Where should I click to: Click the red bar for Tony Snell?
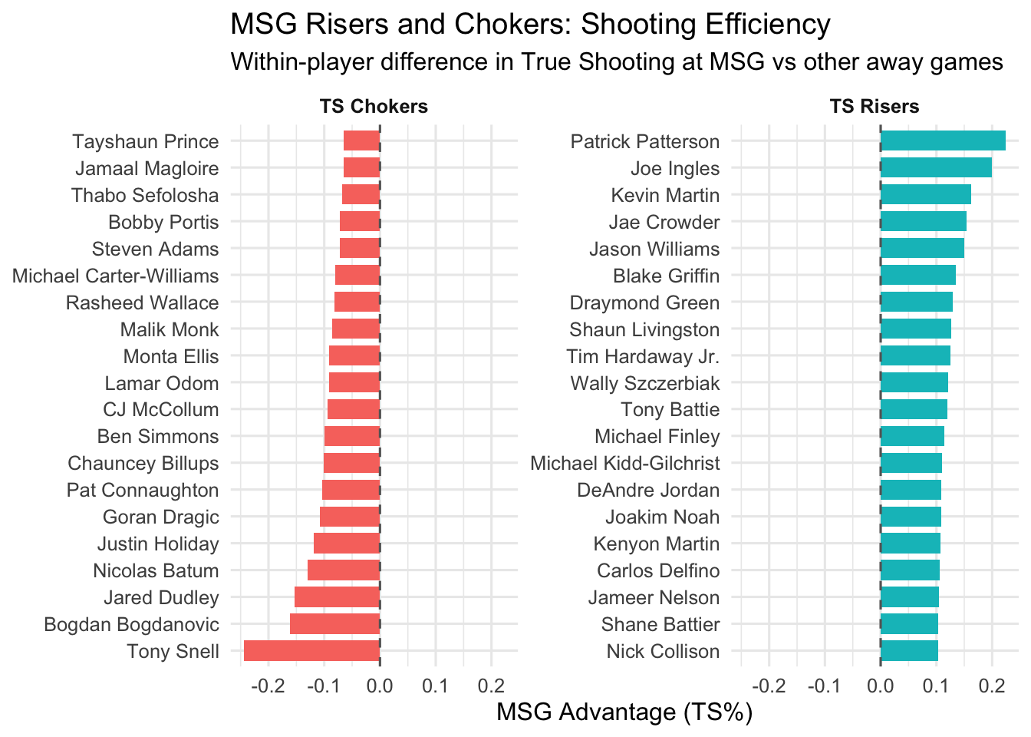(x=311, y=651)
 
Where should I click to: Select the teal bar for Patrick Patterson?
(x=943, y=141)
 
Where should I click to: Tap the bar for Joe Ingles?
(x=936, y=168)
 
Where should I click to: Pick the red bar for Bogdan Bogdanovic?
(x=334, y=624)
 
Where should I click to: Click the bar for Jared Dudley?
(x=337, y=597)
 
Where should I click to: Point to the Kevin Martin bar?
(x=925, y=195)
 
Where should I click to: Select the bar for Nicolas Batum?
(x=344, y=570)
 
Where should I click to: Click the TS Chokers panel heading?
(x=374, y=107)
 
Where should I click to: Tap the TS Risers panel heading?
(x=875, y=107)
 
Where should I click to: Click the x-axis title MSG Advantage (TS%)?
(x=624, y=712)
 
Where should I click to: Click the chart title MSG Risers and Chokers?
(x=530, y=25)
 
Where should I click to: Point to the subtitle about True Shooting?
(x=617, y=61)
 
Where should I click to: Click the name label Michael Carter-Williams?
(x=116, y=276)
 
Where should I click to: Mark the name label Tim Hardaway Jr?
(x=643, y=356)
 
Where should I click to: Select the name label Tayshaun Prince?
(x=146, y=141)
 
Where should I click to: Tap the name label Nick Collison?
(x=663, y=651)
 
